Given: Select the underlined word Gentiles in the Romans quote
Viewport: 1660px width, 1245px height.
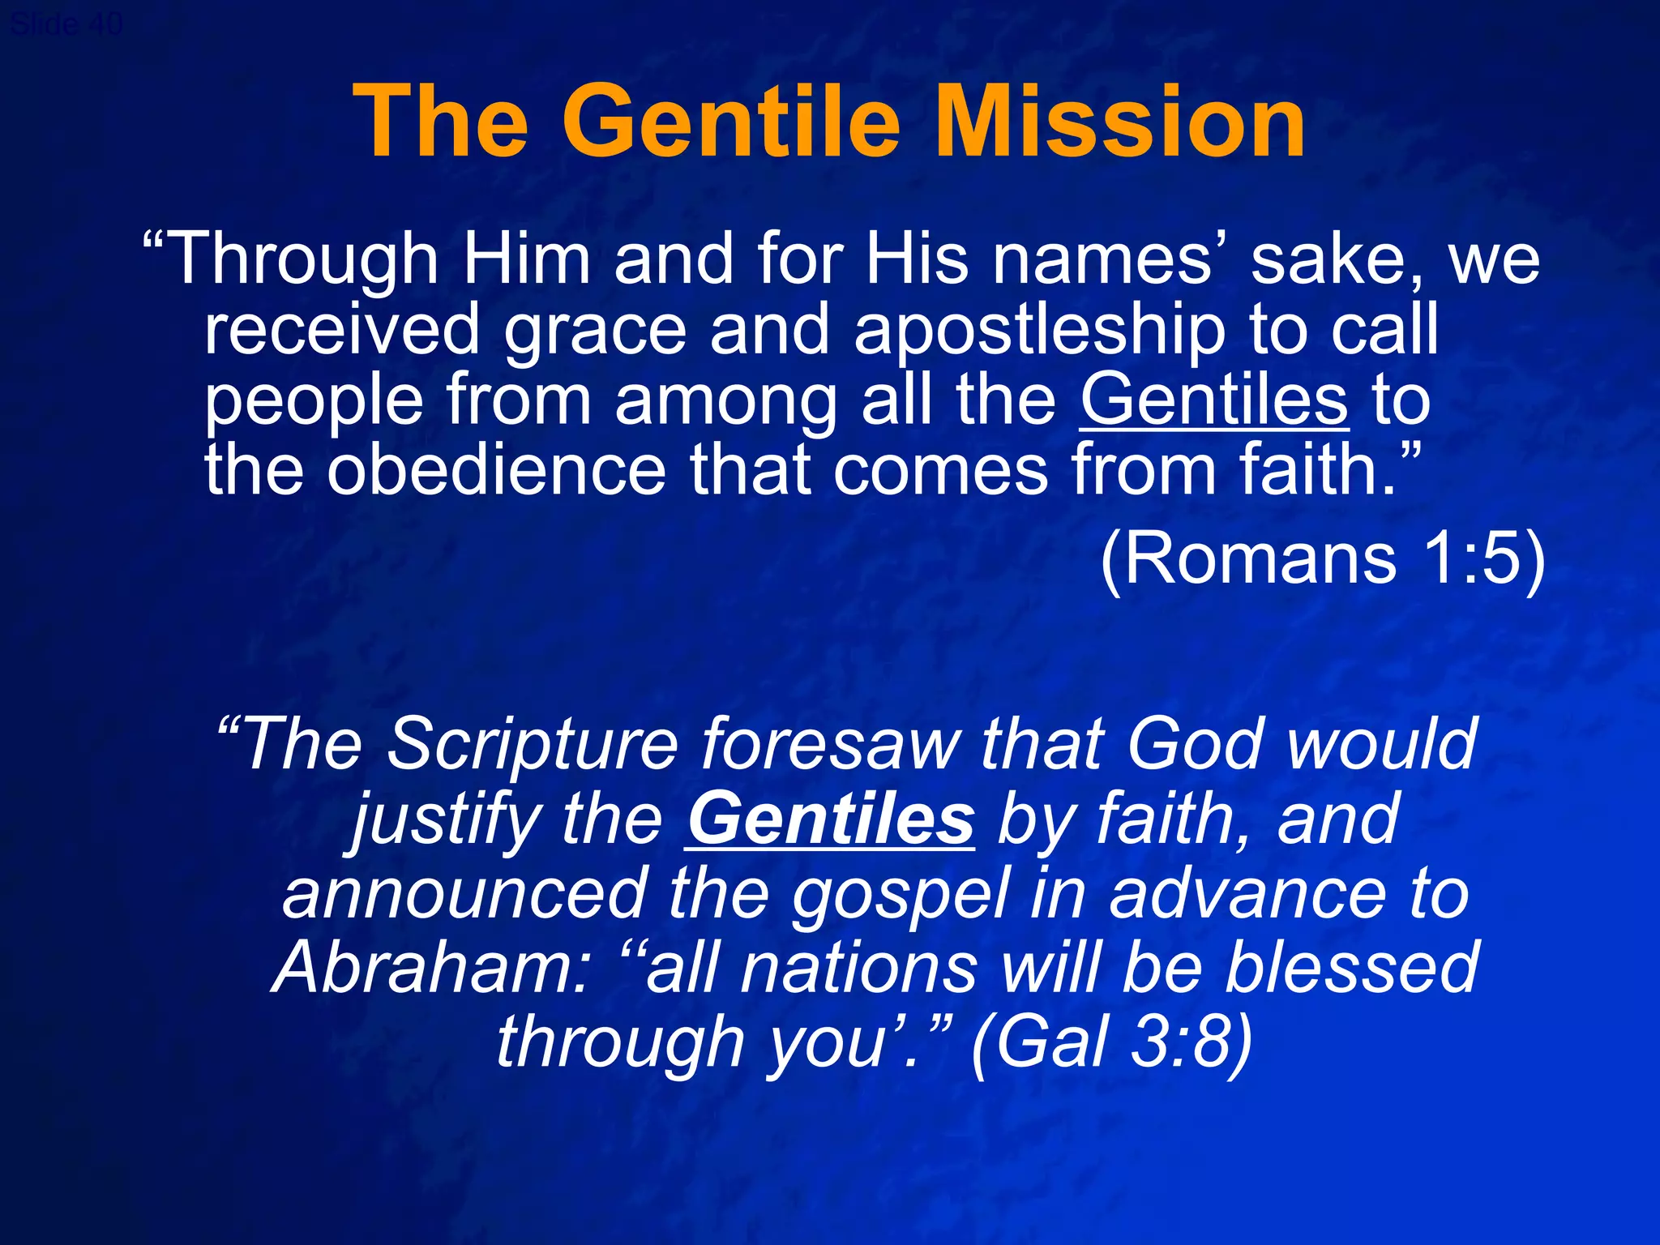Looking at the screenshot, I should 1214,400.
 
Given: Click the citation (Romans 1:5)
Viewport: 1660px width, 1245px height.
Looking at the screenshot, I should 1322,559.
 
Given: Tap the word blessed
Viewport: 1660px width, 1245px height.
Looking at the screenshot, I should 1352,969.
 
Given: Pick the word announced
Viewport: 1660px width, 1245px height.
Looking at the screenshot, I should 465,895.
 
